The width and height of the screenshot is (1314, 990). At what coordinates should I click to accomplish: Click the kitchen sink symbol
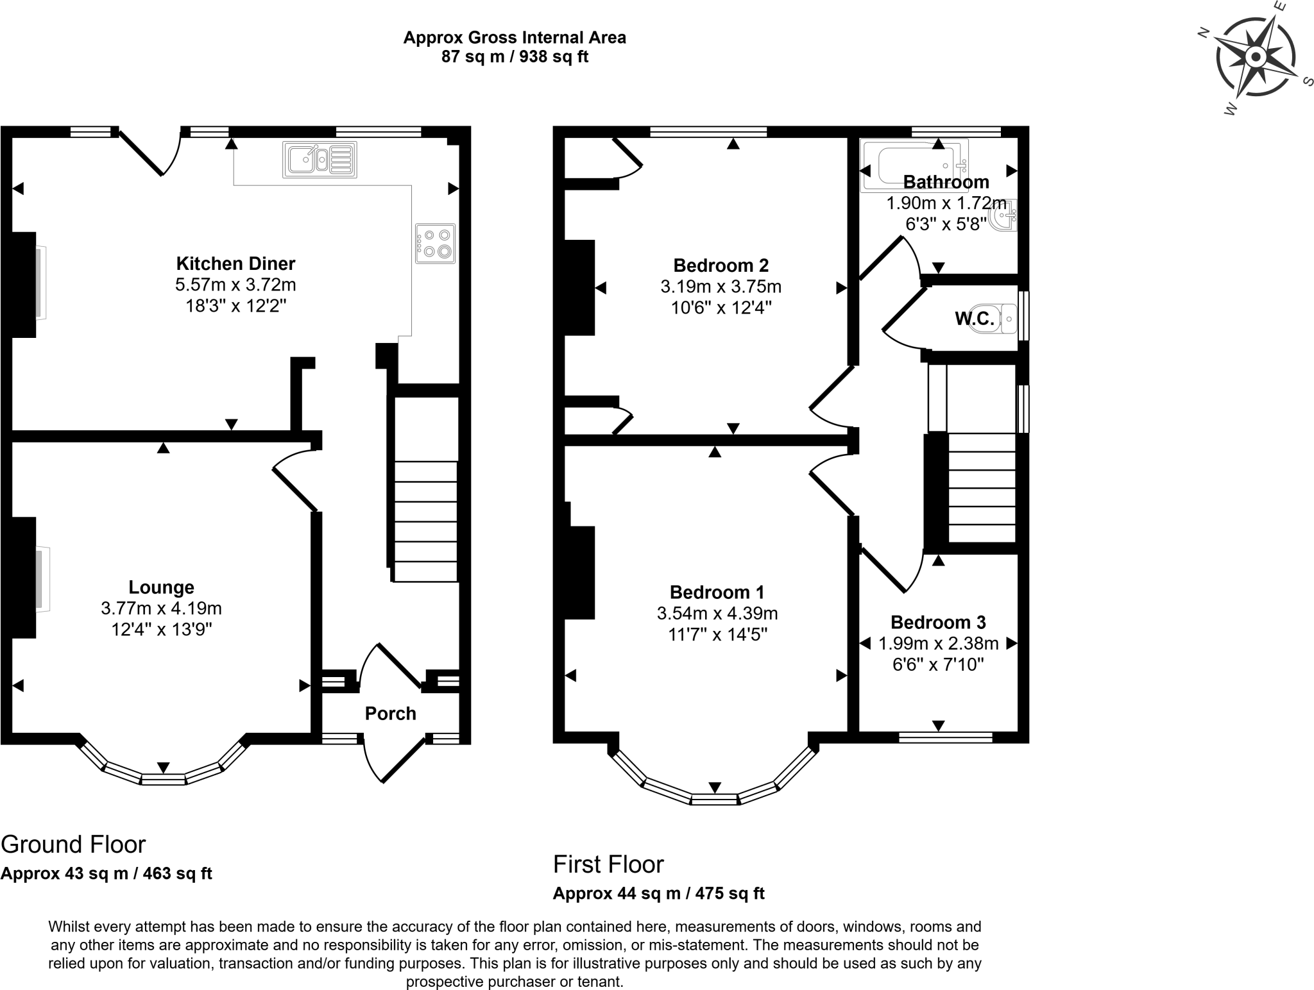click(320, 160)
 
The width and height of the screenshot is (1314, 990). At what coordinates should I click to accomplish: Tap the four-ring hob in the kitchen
click(435, 243)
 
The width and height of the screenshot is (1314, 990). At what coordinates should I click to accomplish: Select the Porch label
click(390, 714)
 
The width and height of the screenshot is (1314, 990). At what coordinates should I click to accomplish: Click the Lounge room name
click(161, 587)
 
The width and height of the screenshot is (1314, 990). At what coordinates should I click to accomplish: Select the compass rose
click(1256, 58)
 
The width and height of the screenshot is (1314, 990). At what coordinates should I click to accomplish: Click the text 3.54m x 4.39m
click(717, 614)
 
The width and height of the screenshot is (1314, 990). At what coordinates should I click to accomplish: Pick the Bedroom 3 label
click(938, 622)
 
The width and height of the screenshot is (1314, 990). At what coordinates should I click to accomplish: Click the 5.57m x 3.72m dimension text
click(235, 284)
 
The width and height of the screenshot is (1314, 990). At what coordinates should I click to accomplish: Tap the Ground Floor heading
click(73, 844)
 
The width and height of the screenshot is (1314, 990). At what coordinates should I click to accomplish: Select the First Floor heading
click(608, 864)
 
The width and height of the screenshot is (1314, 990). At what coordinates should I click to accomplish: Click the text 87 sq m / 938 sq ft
click(515, 56)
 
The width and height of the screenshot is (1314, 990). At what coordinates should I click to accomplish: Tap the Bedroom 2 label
click(721, 265)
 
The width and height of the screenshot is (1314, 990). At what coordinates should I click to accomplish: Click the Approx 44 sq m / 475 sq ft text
click(658, 893)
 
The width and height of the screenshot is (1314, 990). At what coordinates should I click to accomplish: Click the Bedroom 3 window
click(945, 738)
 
